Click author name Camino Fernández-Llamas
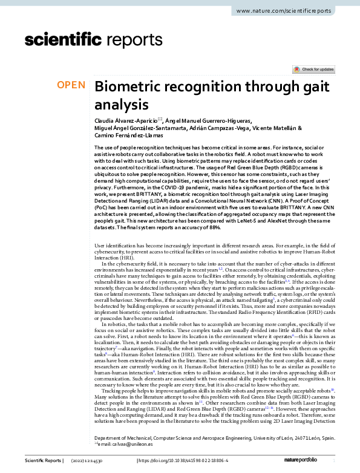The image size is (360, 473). pos(125,136)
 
